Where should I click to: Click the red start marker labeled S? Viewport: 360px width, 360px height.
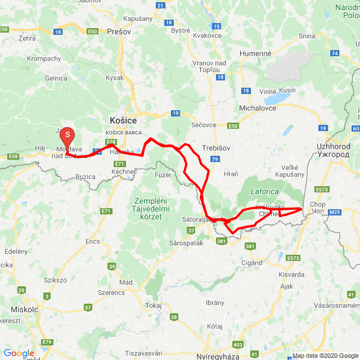(x=67, y=135)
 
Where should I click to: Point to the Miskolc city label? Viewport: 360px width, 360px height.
(x=24, y=310)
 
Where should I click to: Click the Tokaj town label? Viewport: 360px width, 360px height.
(x=152, y=305)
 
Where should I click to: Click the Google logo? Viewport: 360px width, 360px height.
(x=19, y=353)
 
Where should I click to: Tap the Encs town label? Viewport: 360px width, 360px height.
(x=93, y=241)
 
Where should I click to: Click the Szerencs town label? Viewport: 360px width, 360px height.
(x=111, y=293)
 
